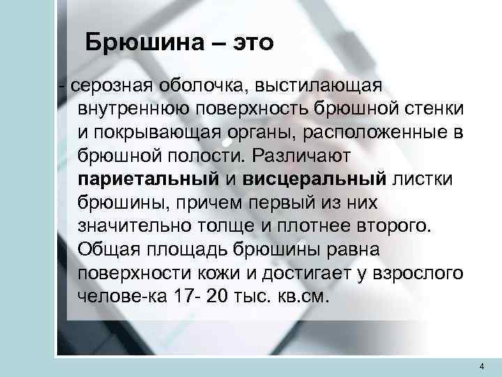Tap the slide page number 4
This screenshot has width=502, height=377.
[482, 367]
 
